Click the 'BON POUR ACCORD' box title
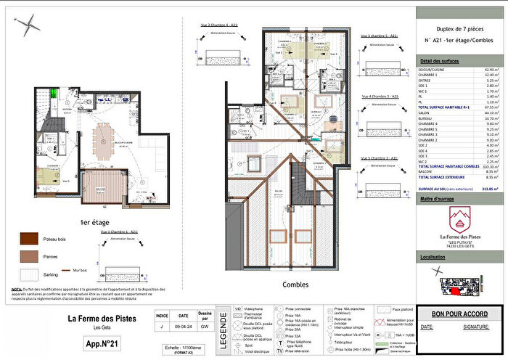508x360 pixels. tap(460, 314)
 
